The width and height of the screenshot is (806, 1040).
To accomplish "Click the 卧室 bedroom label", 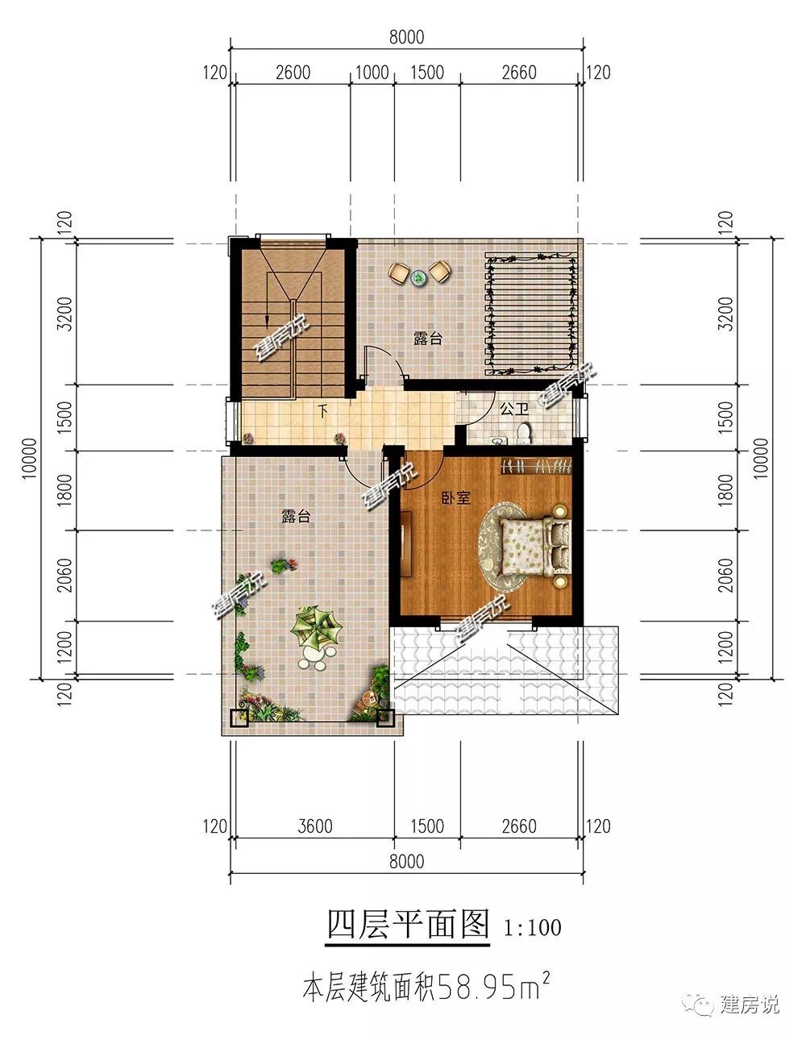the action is pos(456,498).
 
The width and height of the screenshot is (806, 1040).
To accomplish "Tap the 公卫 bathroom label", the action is pos(514,410).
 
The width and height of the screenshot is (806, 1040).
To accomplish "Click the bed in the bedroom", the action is pos(536,547).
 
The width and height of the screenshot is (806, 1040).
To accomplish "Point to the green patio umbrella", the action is pos(316,627).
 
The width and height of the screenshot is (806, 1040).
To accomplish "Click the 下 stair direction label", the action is pos(324,410).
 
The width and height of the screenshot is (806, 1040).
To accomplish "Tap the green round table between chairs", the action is pos(419,277).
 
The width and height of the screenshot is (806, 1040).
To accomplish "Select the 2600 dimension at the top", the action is pos(293,73).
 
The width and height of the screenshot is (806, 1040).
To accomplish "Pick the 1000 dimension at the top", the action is pos(372,73).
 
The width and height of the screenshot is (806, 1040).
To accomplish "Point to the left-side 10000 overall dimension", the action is pos(29,458).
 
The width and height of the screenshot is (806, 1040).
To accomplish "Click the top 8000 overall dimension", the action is pos(406,37).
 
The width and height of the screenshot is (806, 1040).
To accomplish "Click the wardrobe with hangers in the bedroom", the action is pos(536,466).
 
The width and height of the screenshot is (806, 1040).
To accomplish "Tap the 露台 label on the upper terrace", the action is pos(428,339).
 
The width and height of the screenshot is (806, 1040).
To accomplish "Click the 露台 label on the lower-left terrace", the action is pos(296,516).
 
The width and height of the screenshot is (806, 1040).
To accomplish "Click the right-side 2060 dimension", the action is pos(725,576).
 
